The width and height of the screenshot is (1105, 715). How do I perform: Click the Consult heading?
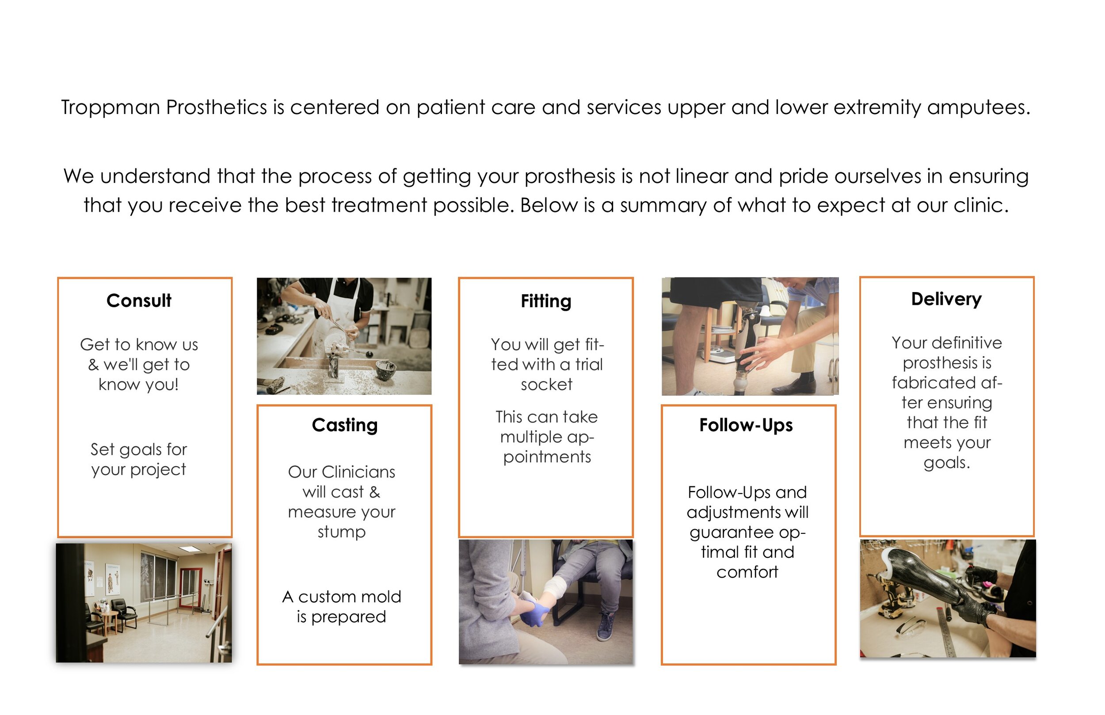pyautogui.click(x=139, y=301)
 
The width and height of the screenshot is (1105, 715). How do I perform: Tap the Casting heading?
pyautogui.click(x=344, y=425)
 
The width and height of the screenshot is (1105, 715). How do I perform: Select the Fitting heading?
pyautogui.click(x=545, y=301)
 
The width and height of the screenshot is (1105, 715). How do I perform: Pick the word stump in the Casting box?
pyautogui.click(x=341, y=532)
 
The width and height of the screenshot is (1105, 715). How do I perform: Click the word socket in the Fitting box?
pyautogui.click(x=546, y=385)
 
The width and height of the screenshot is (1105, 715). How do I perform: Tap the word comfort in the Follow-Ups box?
pyautogui.click(x=747, y=572)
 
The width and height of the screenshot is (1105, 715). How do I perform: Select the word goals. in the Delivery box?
pyautogui.click(x=946, y=463)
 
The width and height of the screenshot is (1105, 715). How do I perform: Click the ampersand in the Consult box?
pyautogui.click(x=93, y=365)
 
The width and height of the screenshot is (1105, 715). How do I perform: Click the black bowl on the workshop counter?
pyautogui.click(x=385, y=369)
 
